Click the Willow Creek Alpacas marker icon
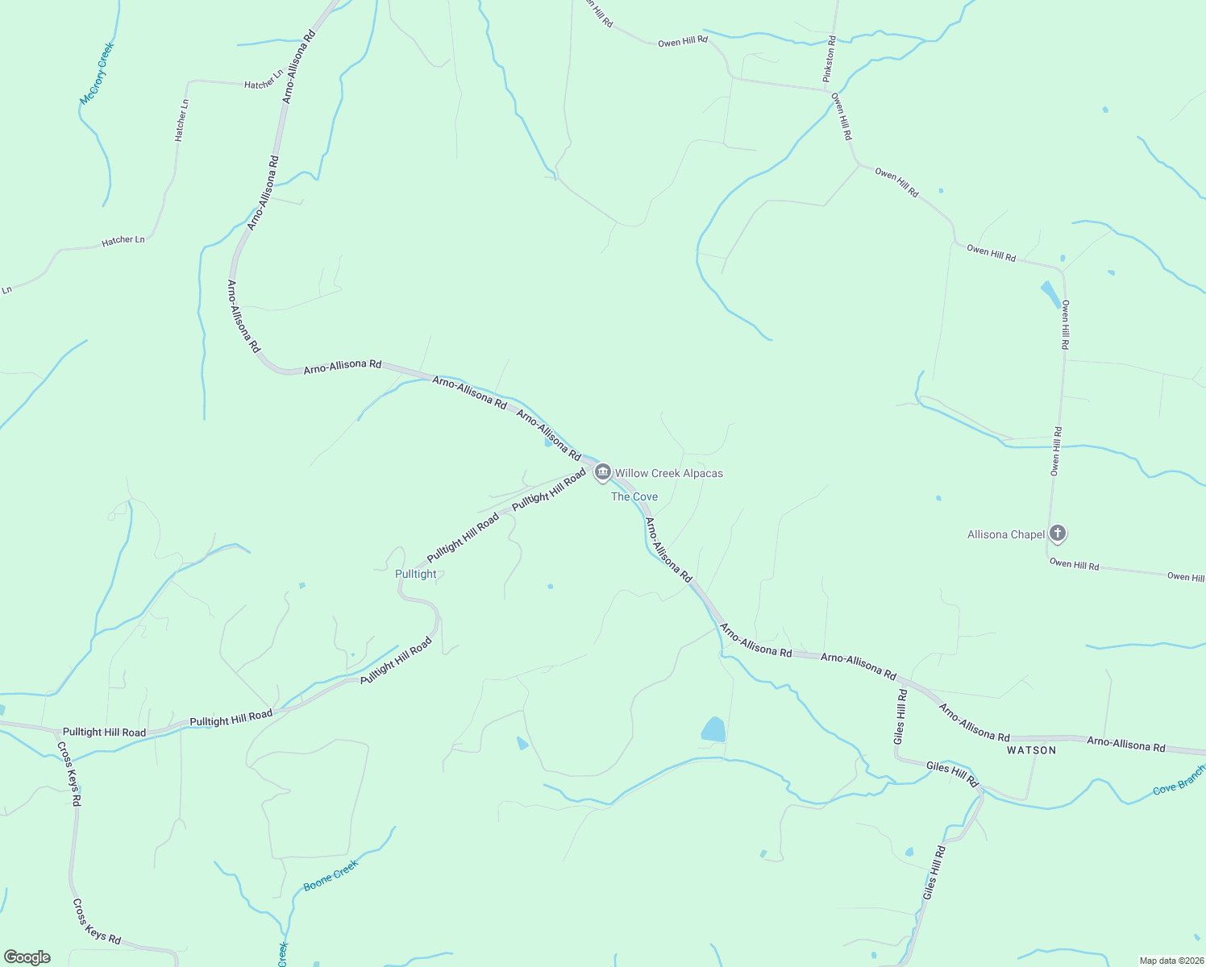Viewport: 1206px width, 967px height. click(x=602, y=472)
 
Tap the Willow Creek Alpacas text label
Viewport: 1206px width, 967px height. click(x=669, y=473)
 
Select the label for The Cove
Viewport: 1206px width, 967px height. click(x=634, y=496)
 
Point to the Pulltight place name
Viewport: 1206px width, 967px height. click(x=416, y=574)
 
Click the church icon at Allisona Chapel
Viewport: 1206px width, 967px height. click(x=1058, y=533)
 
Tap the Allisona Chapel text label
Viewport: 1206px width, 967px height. click(x=1006, y=534)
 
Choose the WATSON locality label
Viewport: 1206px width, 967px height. click(x=1031, y=750)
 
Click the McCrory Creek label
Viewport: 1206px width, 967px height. click(x=98, y=73)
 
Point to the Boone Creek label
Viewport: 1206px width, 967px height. click(x=331, y=875)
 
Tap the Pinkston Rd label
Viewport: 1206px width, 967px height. click(x=829, y=59)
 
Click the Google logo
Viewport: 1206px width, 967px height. click(x=27, y=957)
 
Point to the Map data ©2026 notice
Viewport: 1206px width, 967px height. click(x=1170, y=961)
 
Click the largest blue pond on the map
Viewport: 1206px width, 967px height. click(x=713, y=729)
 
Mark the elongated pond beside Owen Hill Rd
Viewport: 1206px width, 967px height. click(x=1050, y=294)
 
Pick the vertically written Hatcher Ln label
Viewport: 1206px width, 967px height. click(x=181, y=120)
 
